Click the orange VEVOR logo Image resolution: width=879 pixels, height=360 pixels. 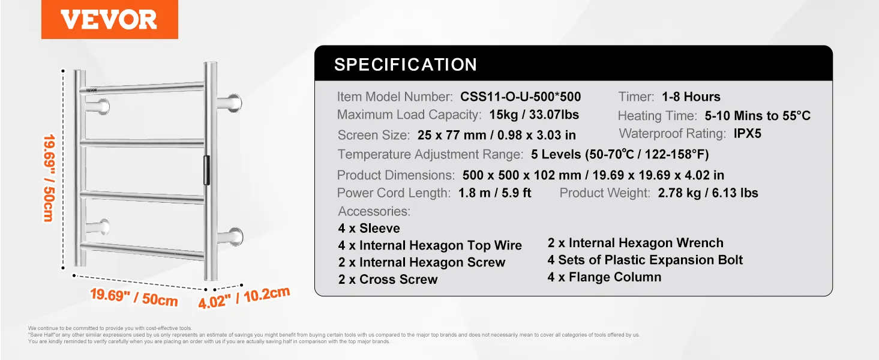point(109,19)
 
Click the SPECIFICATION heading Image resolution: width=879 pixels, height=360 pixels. point(406,64)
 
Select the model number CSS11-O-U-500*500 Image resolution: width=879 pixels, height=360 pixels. point(520,97)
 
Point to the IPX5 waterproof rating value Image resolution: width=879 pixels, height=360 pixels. point(747,133)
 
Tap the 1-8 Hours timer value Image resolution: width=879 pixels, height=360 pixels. point(691,97)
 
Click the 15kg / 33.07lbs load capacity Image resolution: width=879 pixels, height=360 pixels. point(533,115)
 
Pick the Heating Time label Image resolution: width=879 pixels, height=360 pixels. point(657,116)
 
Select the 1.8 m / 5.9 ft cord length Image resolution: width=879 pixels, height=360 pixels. point(494,193)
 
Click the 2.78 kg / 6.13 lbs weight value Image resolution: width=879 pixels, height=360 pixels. point(708,193)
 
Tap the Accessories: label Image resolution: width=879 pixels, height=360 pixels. point(374,211)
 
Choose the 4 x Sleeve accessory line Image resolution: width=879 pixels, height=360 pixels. point(369,228)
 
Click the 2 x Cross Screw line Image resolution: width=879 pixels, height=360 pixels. point(388,279)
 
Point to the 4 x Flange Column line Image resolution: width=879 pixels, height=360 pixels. point(604,277)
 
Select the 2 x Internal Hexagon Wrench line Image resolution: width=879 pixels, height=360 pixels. point(635,242)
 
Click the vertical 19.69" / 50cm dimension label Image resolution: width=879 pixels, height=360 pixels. point(49,178)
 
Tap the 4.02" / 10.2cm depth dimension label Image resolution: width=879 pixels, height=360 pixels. point(244,298)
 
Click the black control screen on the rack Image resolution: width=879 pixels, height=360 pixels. point(206,170)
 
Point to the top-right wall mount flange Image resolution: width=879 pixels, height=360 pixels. point(234,103)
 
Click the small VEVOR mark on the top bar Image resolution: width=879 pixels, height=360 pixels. point(91,90)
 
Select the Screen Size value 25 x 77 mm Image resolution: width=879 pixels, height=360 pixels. point(452,135)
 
